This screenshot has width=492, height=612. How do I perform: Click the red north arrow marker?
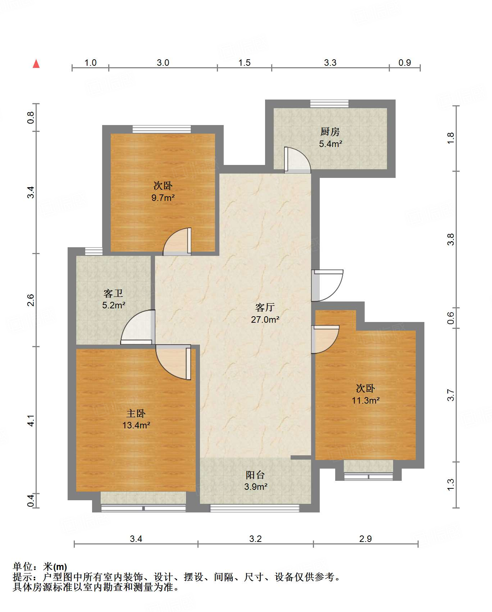(36, 64)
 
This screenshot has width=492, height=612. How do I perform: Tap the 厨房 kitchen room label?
(330, 132)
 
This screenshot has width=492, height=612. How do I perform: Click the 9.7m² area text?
(163, 198)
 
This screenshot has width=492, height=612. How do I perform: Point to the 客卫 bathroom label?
(113, 294)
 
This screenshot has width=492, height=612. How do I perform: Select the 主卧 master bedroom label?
(136, 413)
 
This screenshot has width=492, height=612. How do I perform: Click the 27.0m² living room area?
(265, 319)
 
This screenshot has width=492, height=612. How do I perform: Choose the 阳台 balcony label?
(255, 475)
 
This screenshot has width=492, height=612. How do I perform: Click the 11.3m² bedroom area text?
(365, 400)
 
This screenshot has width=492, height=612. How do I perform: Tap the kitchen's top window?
(329, 103)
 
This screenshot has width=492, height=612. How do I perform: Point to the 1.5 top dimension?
(244, 63)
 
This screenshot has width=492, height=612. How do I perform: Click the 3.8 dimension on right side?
(451, 239)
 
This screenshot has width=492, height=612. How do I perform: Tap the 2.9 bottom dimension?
(365, 539)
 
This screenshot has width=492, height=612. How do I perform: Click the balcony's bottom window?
(255, 508)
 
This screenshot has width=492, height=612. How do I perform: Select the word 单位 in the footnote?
(23, 567)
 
